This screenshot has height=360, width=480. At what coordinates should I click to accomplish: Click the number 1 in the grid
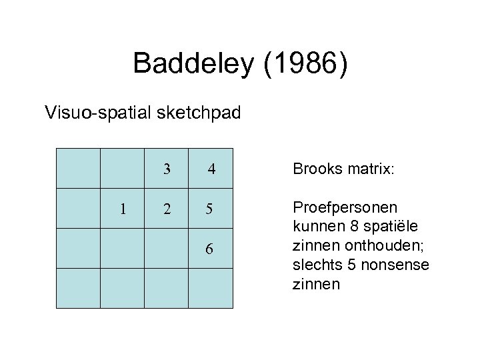(x=122, y=209)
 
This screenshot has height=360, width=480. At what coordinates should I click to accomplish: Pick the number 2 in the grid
(x=167, y=209)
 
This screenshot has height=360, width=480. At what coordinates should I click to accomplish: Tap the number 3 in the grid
(x=167, y=169)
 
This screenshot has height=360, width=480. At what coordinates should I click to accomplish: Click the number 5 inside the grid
(x=210, y=209)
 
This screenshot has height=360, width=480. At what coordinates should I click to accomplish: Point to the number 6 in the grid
(x=210, y=249)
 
